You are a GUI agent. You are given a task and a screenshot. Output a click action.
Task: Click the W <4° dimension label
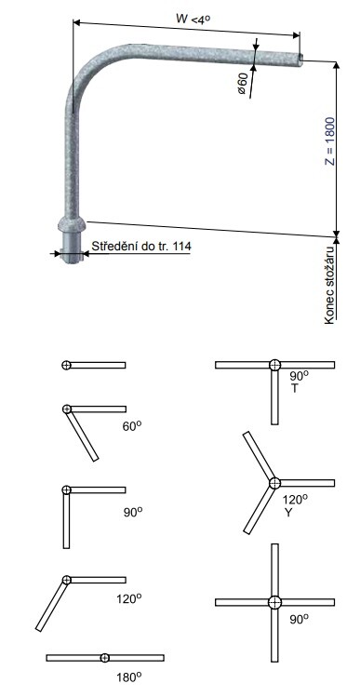point(193,19)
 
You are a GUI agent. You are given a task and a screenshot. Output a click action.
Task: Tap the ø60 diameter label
point(242,83)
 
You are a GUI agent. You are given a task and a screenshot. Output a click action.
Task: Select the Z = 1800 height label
point(329,141)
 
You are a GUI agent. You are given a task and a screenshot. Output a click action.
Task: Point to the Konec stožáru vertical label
point(329,285)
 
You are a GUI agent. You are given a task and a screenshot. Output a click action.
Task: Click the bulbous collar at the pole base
point(71,224)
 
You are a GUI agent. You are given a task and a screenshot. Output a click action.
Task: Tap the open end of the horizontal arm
point(300,60)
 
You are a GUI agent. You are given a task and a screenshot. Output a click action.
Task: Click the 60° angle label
point(132,426)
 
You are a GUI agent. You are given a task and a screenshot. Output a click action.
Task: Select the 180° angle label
point(129,677)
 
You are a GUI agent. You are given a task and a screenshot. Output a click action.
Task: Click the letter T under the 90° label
point(294,388)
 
